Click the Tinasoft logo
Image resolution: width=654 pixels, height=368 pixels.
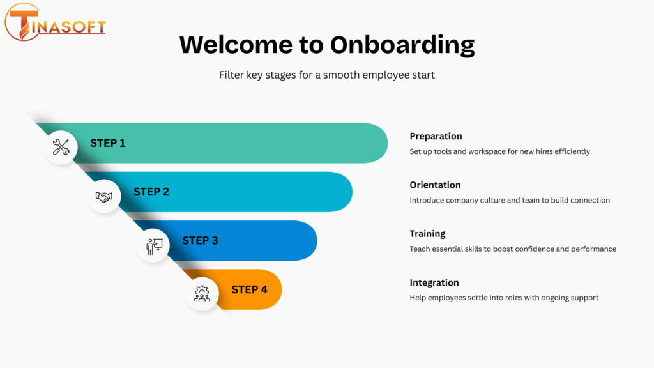(55, 22)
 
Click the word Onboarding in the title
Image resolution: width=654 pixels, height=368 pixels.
(402, 45)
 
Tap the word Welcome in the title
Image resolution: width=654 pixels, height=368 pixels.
(236, 45)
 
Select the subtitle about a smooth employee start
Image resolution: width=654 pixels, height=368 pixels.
(326, 75)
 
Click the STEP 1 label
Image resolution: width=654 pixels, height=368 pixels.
(107, 143)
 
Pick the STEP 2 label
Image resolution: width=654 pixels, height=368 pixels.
(151, 192)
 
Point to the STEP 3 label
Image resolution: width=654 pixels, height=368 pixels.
(200, 241)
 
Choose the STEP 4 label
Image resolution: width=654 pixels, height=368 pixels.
(250, 289)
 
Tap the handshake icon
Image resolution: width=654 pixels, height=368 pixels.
(104, 197)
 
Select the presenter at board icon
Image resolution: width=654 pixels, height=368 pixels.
(154, 246)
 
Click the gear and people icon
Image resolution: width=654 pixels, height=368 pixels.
(202, 294)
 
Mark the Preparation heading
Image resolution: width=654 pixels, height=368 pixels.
(436, 137)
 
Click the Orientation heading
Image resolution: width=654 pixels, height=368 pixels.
(435, 185)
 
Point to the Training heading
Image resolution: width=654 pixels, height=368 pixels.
(427, 234)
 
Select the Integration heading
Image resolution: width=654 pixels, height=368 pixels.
(434, 283)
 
